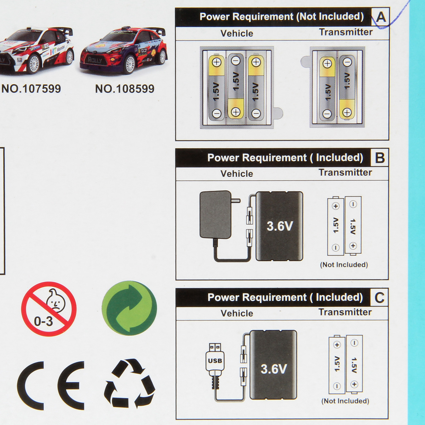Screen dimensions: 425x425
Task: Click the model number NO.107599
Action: coord(31,89)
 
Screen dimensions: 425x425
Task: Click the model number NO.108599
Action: coord(125,89)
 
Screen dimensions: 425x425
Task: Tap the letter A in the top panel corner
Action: coord(381,17)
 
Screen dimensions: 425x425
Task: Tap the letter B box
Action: coord(380,158)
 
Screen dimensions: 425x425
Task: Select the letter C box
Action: coord(379,297)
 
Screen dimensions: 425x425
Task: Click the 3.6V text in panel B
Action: coord(279,226)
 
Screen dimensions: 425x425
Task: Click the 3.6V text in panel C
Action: coord(273,369)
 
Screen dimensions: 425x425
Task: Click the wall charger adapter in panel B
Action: coord(216,215)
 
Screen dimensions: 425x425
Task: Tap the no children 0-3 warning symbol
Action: coord(49,309)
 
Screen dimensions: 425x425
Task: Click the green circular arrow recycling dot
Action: coord(129,308)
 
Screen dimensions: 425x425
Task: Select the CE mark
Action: coord(51,385)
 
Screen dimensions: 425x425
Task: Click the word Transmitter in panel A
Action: coord(346,32)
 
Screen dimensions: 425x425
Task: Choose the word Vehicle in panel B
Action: coord(237,174)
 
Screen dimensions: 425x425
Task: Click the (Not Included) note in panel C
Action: coord(345,401)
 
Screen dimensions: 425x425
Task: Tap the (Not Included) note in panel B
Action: coord(344,265)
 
